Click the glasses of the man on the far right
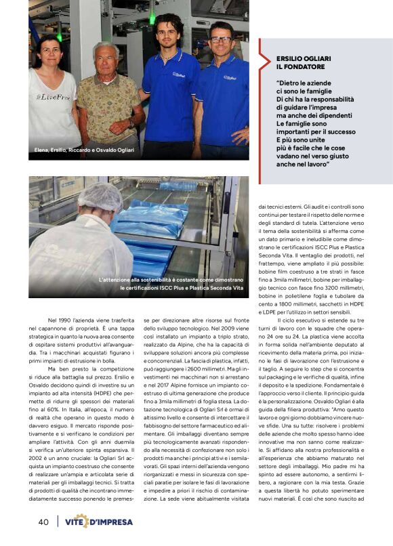pos(220,40)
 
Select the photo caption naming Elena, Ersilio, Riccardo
pos(84,150)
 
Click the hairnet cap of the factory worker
pos(100,196)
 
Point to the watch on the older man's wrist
pos(131,123)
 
